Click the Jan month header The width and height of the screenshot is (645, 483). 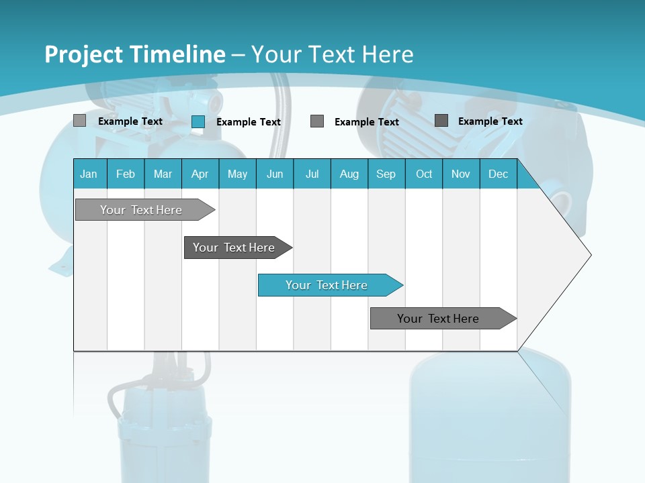pyautogui.click(x=89, y=174)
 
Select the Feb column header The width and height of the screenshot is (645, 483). pyautogui.click(x=126, y=174)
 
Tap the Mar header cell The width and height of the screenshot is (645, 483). pyautogui.click(x=163, y=174)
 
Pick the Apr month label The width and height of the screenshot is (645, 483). pyautogui.click(x=200, y=174)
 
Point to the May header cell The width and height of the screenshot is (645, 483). pyautogui.click(x=237, y=174)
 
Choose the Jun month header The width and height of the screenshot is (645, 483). pyautogui.click(x=275, y=174)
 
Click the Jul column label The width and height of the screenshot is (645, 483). pyautogui.click(x=312, y=174)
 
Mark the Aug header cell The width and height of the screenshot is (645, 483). pyautogui.click(x=349, y=174)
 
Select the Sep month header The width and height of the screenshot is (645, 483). pyautogui.click(x=386, y=174)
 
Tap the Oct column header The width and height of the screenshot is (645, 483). pyautogui.click(x=424, y=174)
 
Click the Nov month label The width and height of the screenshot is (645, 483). pyautogui.click(x=461, y=174)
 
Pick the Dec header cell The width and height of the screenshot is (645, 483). pyautogui.click(x=499, y=174)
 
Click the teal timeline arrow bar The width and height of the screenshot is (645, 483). pyautogui.click(x=327, y=285)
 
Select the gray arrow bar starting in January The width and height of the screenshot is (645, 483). pyautogui.click(x=142, y=210)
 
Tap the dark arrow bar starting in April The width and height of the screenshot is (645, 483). pyautogui.click(x=234, y=248)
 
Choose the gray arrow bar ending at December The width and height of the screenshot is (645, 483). pyautogui.click(x=439, y=319)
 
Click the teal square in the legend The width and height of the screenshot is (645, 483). pyautogui.click(x=198, y=121)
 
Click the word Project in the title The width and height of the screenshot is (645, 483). pyautogui.click(x=85, y=54)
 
